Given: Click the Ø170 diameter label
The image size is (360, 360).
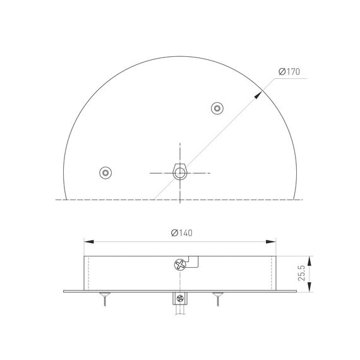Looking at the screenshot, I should click(x=289, y=71).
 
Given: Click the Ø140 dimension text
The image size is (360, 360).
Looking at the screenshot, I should click(x=181, y=232).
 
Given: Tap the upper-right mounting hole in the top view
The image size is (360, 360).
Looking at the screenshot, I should click(x=217, y=109).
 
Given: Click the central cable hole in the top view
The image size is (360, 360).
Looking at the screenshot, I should click(x=180, y=171).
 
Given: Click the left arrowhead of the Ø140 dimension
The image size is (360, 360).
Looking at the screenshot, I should click(x=88, y=241).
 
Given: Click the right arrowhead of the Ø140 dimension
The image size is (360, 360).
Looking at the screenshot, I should click(x=272, y=241).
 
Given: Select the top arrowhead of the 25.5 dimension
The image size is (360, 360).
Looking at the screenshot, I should click(x=309, y=258).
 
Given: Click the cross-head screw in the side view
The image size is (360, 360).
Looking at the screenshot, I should click(x=180, y=265).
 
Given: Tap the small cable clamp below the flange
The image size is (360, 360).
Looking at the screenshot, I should click(x=180, y=299).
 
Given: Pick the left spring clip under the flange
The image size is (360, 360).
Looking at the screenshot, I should click(x=104, y=298).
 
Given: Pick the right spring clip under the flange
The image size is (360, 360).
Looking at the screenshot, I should click(x=217, y=298).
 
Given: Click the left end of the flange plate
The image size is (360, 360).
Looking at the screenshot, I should click(x=64, y=291).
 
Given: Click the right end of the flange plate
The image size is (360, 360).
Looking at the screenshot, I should click(x=295, y=291).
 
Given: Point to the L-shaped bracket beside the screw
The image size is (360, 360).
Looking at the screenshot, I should click(x=195, y=261).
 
